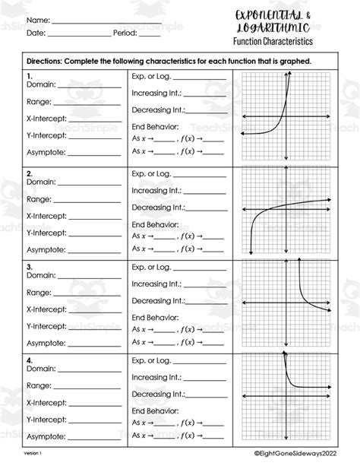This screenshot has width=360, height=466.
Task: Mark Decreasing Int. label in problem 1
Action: point(157,109)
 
